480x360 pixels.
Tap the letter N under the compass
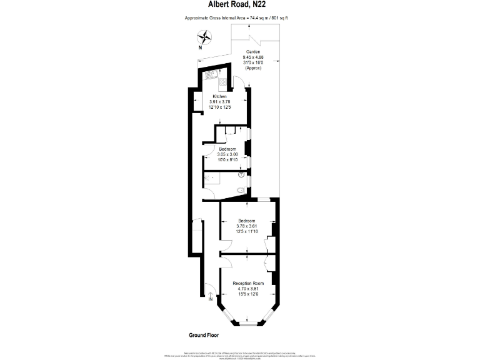coord(200,47)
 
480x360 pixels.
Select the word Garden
coord(253,52)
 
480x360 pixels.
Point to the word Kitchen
coord(219,96)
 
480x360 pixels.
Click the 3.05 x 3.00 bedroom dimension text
coord(227,154)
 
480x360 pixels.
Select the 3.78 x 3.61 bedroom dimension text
coord(247,226)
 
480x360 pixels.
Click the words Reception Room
coord(248,283)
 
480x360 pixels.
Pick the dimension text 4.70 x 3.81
coord(248,289)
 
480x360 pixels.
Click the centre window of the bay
coord(249,324)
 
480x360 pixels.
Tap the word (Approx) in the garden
coord(253,67)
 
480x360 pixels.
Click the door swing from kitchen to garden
coord(239,79)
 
